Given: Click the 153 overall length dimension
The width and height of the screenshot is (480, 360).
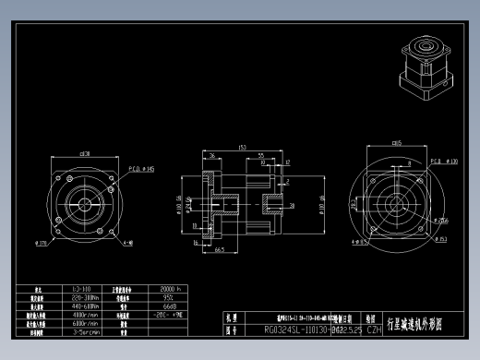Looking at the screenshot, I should [242, 147].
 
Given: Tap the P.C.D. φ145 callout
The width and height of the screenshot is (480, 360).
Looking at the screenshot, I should [142, 169].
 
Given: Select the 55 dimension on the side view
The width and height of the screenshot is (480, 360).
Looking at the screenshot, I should [261, 155].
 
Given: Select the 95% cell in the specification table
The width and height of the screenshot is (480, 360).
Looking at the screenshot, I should [168, 298].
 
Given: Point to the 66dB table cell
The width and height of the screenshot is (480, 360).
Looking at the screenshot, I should [169, 306].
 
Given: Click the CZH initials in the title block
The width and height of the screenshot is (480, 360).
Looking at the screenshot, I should [373, 329].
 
